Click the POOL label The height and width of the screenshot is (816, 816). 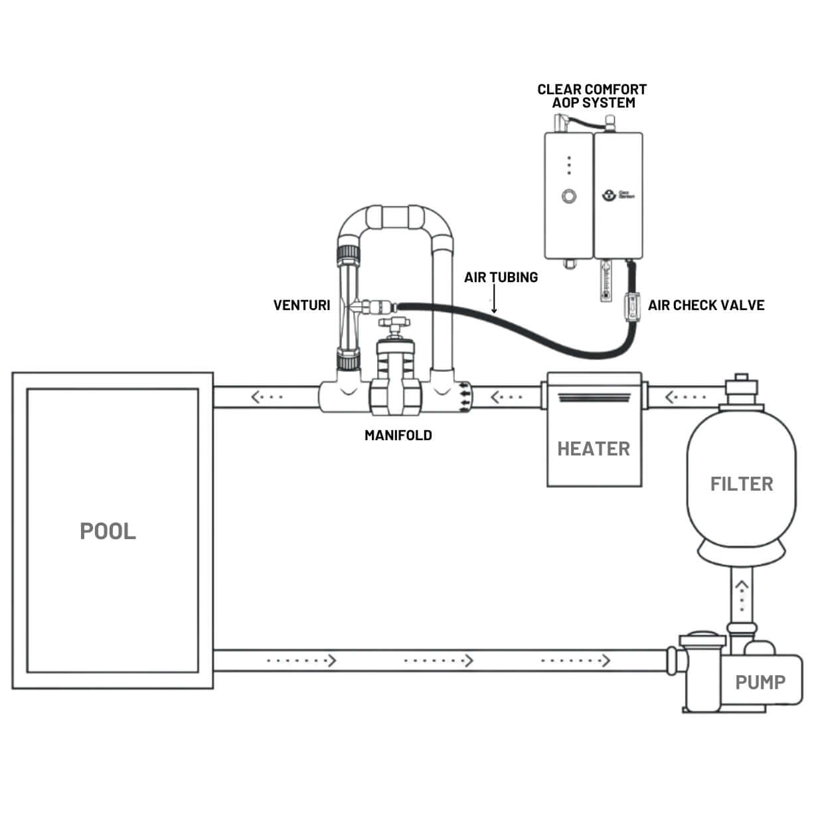click(108, 531)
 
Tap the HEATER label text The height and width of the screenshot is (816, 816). click(593, 449)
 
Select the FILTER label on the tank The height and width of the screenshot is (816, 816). click(742, 484)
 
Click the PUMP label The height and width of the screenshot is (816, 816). click(760, 682)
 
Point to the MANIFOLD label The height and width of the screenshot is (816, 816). click(398, 436)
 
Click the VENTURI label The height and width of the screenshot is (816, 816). click(301, 305)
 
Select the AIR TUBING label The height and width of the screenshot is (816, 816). click(501, 278)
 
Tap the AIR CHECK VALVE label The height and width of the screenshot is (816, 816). click(706, 305)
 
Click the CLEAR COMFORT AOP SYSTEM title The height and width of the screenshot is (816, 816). click(592, 96)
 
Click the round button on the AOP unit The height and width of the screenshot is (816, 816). click(568, 196)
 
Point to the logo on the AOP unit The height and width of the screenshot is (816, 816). click(609, 195)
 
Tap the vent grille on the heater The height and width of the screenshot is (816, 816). click(593, 398)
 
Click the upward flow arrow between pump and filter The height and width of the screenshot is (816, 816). click(741, 595)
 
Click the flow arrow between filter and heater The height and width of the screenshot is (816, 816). click(685, 397)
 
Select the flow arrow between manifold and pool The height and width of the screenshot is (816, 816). click(267, 397)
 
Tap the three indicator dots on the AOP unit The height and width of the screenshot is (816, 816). click(569, 165)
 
